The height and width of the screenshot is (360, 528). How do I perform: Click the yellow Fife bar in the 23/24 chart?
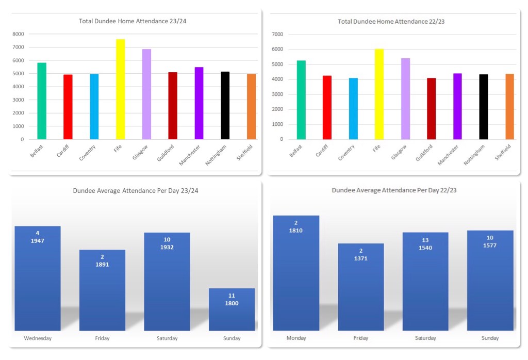tap(120, 89)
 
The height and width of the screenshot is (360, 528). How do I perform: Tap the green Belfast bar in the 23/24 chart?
tap(42, 101)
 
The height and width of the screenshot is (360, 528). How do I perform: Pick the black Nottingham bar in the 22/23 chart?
tap(483, 107)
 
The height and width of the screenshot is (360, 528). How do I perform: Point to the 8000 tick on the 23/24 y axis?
tap(19, 34)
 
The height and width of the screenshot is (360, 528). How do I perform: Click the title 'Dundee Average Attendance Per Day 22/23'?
tap(394, 190)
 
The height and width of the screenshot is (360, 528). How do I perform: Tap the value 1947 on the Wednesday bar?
tap(37, 241)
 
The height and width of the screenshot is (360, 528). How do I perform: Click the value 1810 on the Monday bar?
tap(296, 231)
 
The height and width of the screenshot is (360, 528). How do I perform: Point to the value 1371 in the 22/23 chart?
tap(361, 258)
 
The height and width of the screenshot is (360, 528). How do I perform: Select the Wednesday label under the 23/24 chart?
tap(38, 338)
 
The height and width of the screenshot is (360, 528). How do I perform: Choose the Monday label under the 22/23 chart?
tap(296, 338)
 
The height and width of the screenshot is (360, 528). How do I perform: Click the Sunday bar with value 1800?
tap(232, 315)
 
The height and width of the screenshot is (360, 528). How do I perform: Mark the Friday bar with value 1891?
tap(102, 294)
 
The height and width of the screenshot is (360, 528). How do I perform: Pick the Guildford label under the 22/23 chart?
tap(424, 153)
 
